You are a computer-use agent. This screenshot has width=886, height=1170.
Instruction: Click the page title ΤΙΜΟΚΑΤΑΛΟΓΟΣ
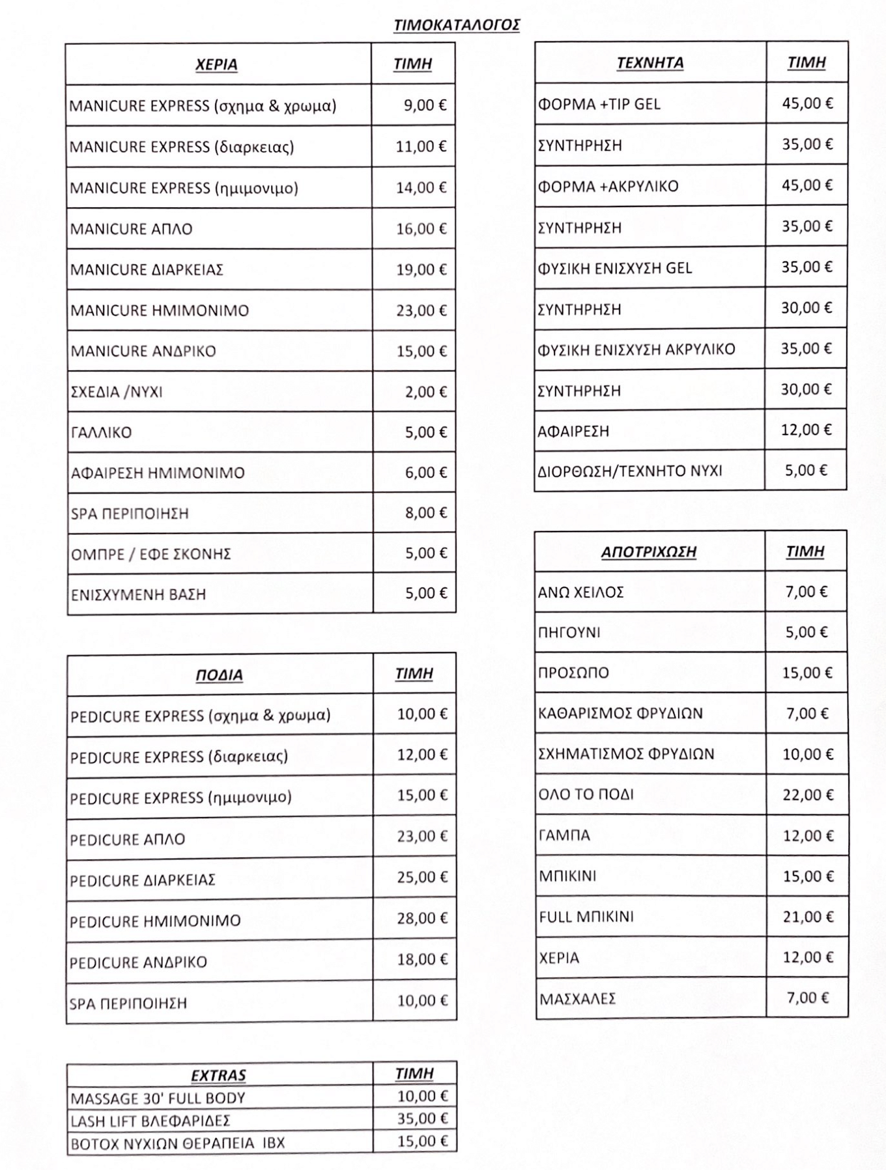(457, 25)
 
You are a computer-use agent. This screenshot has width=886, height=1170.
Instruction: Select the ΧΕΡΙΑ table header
(216, 65)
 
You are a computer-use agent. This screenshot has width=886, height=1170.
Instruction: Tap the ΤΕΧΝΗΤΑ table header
(650, 63)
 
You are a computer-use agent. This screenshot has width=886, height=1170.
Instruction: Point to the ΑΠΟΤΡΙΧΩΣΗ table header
(648, 552)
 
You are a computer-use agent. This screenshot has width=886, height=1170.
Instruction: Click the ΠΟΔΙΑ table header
(219, 675)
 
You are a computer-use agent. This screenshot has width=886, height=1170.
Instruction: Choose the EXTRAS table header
(218, 1076)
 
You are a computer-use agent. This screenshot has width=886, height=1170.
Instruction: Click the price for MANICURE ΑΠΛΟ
(421, 229)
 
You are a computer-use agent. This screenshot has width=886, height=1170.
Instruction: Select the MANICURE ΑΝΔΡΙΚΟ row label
(143, 351)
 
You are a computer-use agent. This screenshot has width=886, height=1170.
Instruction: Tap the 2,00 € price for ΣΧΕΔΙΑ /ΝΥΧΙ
(425, 392)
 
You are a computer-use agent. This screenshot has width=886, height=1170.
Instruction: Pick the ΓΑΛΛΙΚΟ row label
(101, 433)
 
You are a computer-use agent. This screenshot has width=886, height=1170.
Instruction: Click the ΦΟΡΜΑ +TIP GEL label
(599, 104)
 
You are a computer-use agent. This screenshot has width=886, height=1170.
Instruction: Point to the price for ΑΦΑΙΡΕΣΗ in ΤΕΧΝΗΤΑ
(807, 430)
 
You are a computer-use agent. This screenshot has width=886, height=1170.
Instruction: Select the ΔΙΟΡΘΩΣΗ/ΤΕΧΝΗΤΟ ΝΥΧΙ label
(629, 471)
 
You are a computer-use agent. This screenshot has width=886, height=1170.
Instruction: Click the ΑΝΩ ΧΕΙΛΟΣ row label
(580, 592)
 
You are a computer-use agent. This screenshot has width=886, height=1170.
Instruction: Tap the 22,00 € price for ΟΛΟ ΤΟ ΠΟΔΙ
(807, 795)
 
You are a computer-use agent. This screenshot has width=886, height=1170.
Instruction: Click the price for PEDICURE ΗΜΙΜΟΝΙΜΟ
(422, 919)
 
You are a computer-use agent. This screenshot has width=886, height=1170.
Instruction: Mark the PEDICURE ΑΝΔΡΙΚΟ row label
(138, 962)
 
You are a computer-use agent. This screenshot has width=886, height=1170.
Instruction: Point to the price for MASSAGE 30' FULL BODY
(422, 1097)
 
